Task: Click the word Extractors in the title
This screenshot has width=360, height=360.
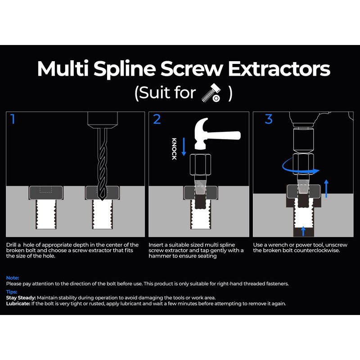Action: coord(279,69)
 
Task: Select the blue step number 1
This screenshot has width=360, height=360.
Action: coord(13,120)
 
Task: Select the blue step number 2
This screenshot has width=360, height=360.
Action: coord(157,120)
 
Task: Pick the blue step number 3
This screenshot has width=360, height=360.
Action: coord(269,119)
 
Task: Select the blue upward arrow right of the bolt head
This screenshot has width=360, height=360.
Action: coord(326,187)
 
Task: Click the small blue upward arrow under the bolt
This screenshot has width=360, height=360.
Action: coord(303,231)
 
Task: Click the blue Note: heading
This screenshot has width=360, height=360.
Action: coord(13,278)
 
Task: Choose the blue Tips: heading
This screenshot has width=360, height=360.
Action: coord(12,292)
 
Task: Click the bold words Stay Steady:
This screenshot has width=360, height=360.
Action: coord(21,297)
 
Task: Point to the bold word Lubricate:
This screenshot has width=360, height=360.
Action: coord(18,303)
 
